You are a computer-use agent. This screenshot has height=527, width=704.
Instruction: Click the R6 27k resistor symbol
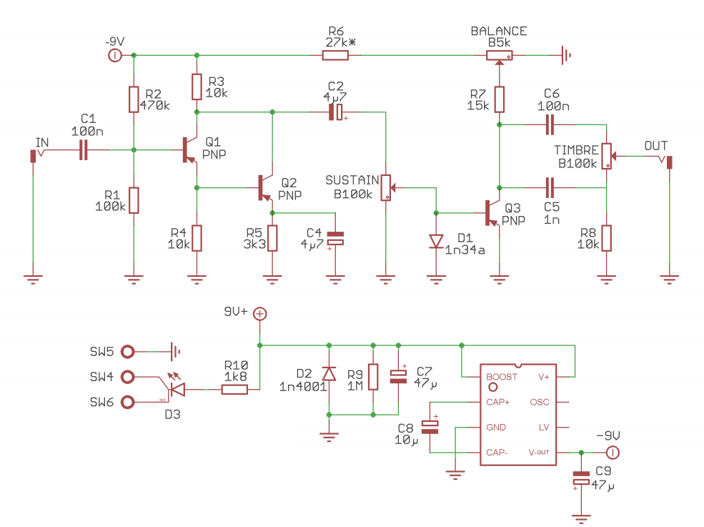(x=335, y=55)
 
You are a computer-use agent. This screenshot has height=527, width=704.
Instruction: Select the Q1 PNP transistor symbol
(x=189, y=149)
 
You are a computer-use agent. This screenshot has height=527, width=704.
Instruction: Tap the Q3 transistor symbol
(x=492, y=213)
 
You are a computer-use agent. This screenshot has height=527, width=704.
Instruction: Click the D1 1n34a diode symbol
(x=436, y=241)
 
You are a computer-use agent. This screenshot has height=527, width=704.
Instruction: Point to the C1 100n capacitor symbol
(x=84, y=149)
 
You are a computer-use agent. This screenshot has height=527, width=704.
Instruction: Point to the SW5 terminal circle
(x=128, y=351)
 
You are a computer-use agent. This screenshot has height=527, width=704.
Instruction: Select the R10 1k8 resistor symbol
(x=234, y=390)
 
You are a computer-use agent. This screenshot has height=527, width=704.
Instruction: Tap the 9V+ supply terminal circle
(x=260, y=314)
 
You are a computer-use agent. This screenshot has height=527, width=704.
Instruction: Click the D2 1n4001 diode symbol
(x=329, y=374)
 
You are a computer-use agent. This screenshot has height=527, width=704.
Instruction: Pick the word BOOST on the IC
(x=502, y=377)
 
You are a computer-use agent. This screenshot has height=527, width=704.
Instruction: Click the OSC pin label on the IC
(x=540, y=402)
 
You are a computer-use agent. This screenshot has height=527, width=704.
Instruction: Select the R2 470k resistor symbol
(x=134, y=99)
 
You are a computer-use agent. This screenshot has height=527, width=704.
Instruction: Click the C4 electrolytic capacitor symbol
(x=335, y=238)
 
